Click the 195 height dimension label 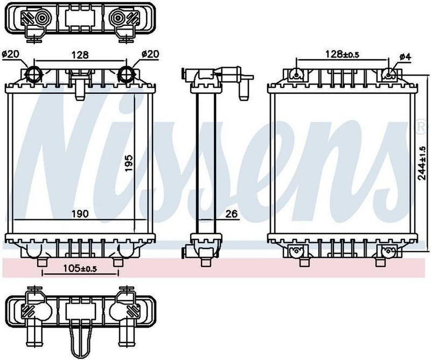(128, 162)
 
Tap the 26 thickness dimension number (231, 214)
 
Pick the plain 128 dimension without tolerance (80, 54)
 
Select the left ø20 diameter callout (10, 54)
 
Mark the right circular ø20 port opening (126, 74)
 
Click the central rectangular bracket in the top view (79, 17)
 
